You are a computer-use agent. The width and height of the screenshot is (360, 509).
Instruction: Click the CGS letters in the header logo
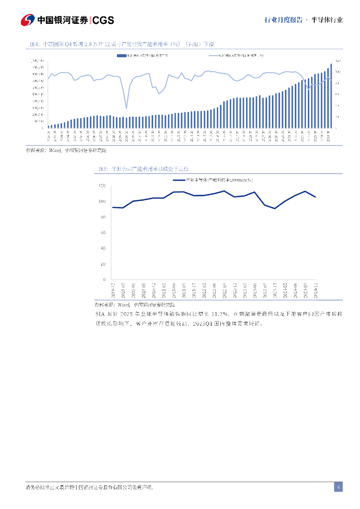(x=103, y=20)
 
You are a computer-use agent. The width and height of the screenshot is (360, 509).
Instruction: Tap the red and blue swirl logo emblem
(x=28, y=20)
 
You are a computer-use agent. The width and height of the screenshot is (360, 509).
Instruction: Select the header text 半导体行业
(x=328, y=20)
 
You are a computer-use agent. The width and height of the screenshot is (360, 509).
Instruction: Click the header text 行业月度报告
(x=283, y=20)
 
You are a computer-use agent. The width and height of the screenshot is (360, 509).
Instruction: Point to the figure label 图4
(x=35, y=44)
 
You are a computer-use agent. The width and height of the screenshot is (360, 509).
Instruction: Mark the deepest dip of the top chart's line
(x=126, y=108)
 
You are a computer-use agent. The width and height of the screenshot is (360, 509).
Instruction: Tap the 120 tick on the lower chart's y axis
(x=102, y=186)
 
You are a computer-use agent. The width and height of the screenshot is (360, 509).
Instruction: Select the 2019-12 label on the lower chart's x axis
(x=113, y=289)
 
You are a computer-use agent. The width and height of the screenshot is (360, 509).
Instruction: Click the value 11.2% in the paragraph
(x=218, y=314)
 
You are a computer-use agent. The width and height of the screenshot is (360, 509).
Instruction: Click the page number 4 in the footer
(x=338, y=487)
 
